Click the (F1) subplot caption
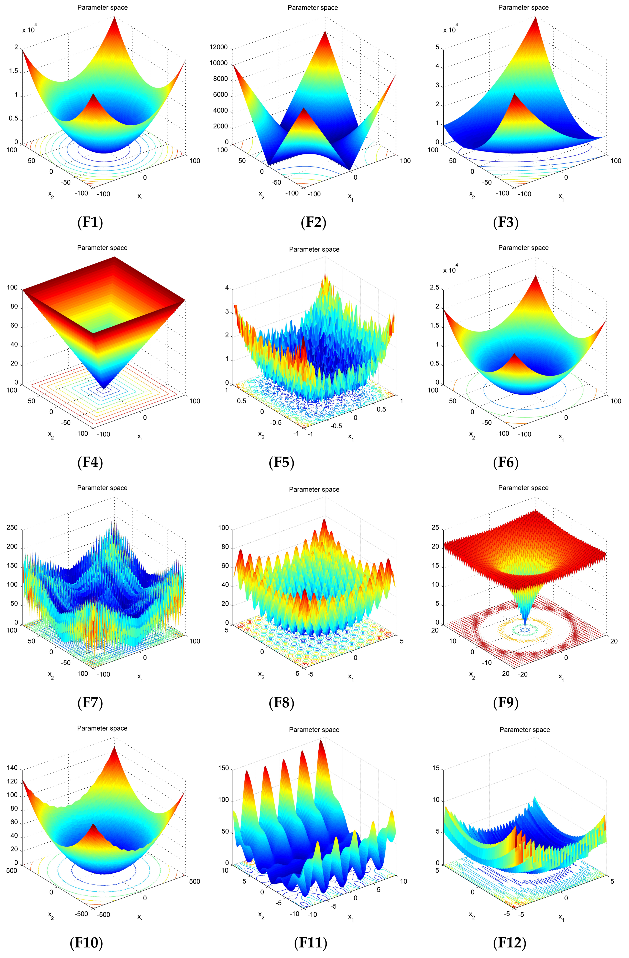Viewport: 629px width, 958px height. (90, 222)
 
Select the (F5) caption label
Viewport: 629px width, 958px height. (282, 463)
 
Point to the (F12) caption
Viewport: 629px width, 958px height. (509, 943)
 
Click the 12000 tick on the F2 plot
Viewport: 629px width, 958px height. (219, 48)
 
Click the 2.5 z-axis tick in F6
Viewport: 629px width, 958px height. (434, 288)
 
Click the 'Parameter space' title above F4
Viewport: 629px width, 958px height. (102, 248)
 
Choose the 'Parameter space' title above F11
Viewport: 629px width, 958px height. (314, 730)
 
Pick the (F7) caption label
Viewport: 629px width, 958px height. (90, 703)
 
